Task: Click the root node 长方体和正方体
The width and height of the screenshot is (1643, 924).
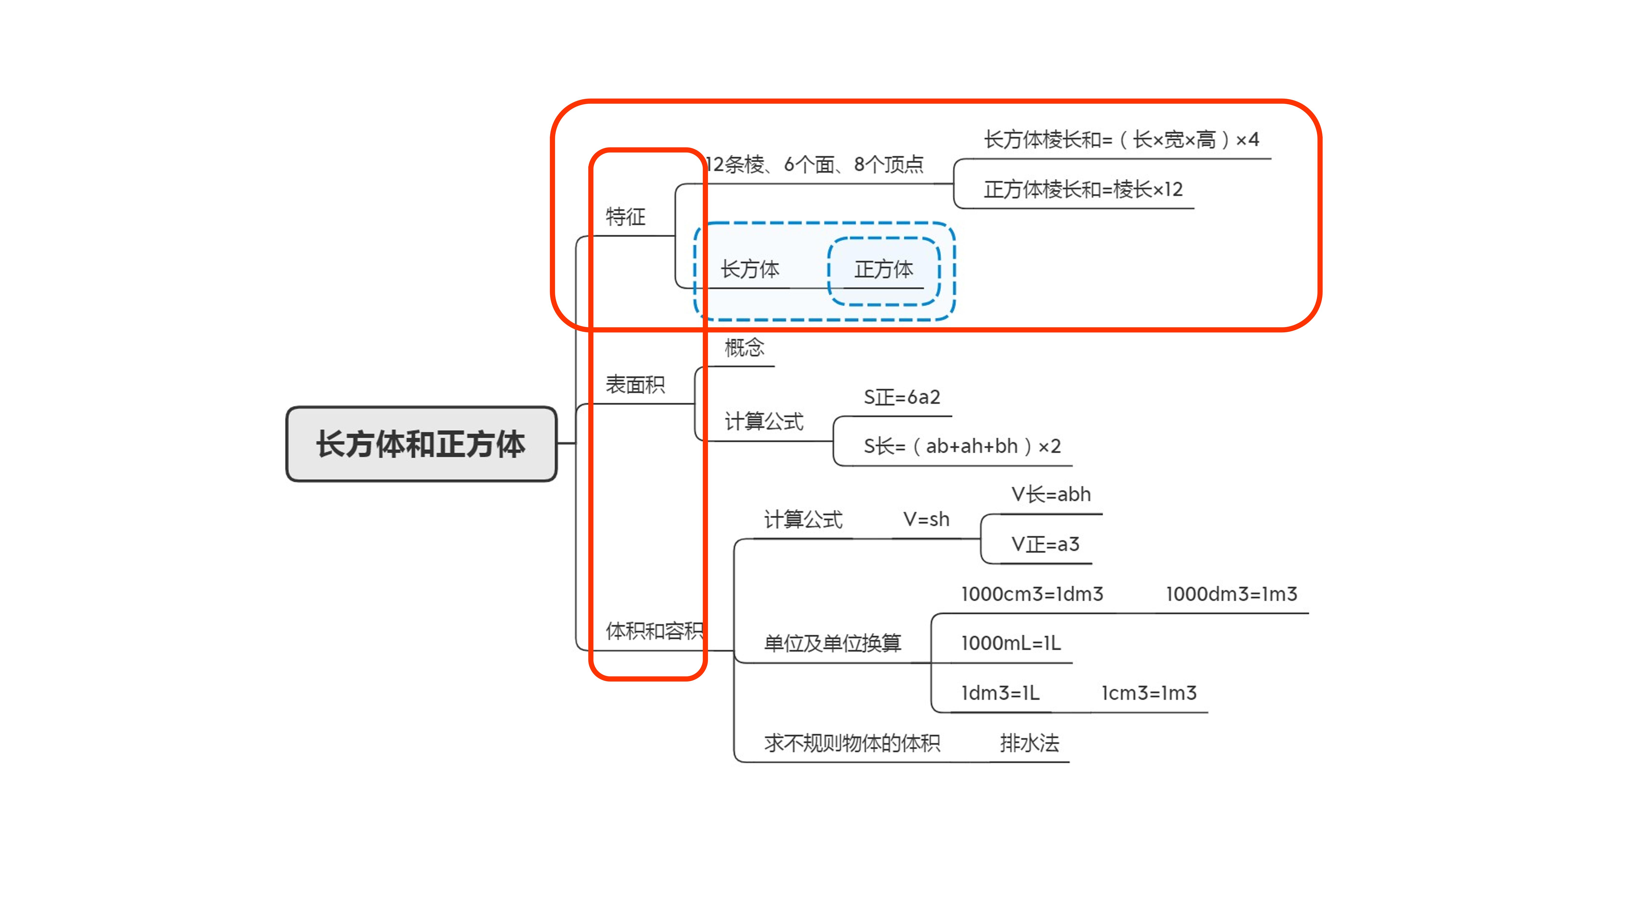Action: [x=421, y=444]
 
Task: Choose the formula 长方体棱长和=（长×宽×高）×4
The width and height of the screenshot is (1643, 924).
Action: [x=1121, y=139]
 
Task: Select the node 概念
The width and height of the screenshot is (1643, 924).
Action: [x=744, y=348]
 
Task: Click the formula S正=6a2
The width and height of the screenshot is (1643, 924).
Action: [x=902, y=397]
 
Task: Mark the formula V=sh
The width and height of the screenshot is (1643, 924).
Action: [x=926, y=519]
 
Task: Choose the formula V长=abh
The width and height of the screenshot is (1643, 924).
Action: [x=1051, y=494]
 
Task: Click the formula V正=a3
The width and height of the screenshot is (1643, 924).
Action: [x=1045, y=544]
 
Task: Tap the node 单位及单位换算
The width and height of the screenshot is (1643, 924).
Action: [x=832, y=643]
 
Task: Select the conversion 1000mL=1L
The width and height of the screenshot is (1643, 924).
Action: [x=1011, y=643]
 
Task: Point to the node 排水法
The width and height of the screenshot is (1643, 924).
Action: [x=1030, y=743]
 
